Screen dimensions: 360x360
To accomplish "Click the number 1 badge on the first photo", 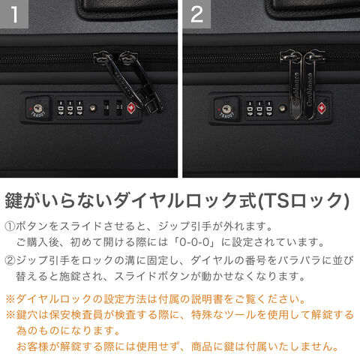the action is (14, 14).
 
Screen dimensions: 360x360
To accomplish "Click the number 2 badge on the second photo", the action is (196, 14).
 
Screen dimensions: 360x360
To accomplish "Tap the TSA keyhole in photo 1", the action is (37, 109).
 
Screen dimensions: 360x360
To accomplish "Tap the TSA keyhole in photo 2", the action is (226, 109).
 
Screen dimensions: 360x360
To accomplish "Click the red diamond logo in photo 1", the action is (131, 109).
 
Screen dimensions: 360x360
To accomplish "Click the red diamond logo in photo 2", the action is (321, 109).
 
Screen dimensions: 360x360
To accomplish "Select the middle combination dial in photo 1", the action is (70, 108).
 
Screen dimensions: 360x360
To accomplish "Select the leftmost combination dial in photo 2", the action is (250, 109).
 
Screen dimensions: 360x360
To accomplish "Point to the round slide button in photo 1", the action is (93, 108).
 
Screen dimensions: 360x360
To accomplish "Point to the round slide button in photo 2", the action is (283, 108).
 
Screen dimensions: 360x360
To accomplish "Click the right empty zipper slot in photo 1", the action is (119, 108).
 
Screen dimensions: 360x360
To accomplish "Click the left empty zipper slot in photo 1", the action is (106, 108).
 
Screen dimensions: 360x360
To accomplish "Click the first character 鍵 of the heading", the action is (13, 201).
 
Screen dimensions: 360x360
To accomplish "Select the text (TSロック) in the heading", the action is (303, 201).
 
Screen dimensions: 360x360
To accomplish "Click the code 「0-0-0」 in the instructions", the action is (195, 242).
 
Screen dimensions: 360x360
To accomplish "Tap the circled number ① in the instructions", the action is (10, 226).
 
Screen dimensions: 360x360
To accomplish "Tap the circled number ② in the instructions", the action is (10, 261).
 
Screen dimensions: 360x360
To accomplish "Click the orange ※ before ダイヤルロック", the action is (10, 299).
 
